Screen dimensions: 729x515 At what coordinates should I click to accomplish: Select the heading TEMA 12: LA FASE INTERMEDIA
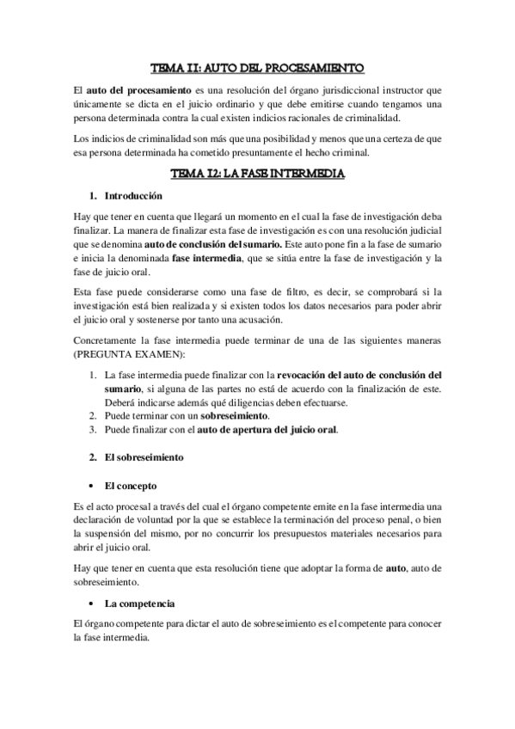coord(257,174)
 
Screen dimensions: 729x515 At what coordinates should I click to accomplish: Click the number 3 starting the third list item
coord(93,429)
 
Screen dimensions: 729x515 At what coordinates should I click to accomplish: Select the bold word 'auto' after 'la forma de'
coord(395,568)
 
